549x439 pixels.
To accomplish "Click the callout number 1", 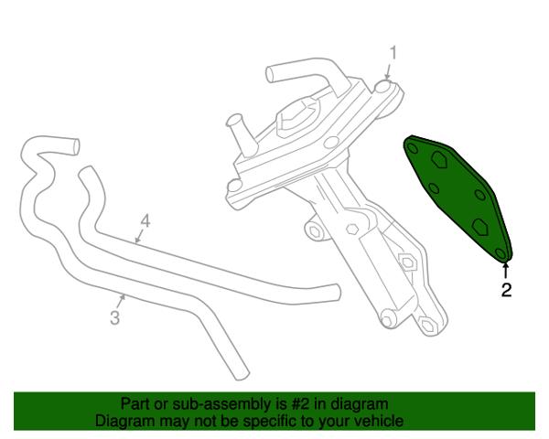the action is pos(393,53).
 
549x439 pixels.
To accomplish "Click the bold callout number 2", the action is pos(506,290).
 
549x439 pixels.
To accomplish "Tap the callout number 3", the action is pos(115,318).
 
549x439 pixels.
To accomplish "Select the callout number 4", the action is pos(145,221).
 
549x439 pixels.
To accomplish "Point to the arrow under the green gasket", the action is pos(505,271).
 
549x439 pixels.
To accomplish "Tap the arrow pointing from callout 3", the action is pos(121,302).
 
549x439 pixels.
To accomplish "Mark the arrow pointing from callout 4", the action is pos(139,236).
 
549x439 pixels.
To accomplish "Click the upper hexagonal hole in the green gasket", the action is pos(438,160).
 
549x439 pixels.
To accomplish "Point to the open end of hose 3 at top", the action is pos(75,146).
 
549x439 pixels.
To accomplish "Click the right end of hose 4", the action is pos(336,292).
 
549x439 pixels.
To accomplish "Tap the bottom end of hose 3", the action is pos(242,375).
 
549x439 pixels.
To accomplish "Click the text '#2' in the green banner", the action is pos(300,404).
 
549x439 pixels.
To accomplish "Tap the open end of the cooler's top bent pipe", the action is pos(270,74).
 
